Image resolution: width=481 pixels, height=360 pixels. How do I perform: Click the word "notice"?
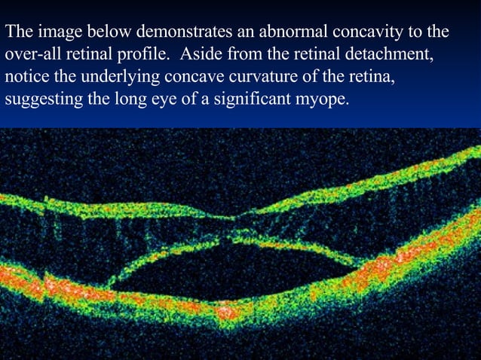click(26, 78)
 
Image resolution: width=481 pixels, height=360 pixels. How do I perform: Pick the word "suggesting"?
click(38, 100)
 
